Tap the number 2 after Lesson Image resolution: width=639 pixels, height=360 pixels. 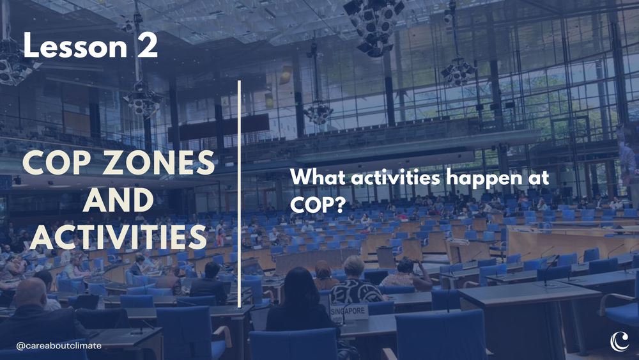146,47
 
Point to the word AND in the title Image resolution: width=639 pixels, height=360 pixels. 118,201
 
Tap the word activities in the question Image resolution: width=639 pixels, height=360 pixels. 401,178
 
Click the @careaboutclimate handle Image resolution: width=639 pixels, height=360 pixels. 59,345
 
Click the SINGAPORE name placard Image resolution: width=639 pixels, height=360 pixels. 350,311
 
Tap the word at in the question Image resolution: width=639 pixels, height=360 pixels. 538,178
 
